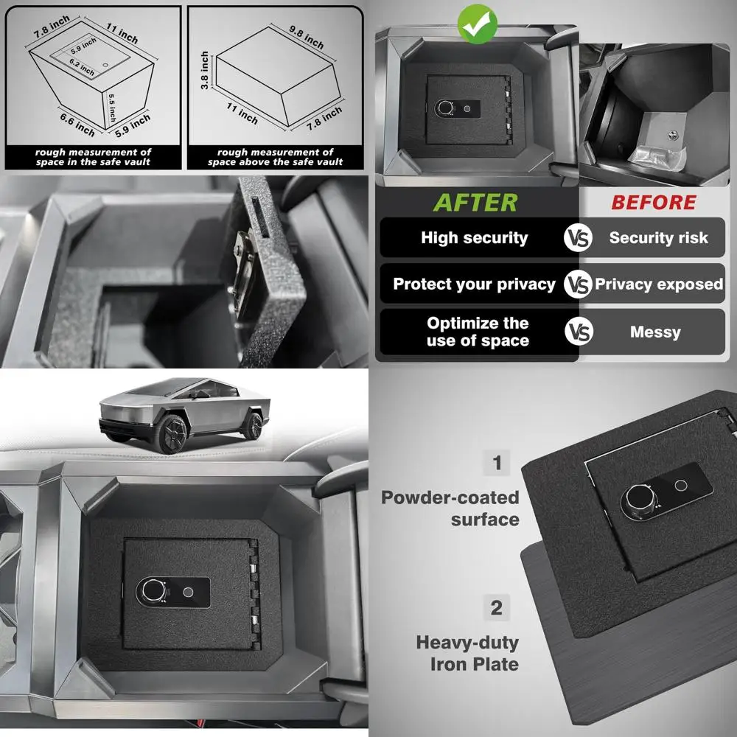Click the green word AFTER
(x=475, y=202)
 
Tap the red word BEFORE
(x=654, y=202)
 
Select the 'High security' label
(x=475, y=238)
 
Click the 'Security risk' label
(x=658, y=238)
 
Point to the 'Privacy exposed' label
(x=659, y=284)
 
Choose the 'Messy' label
(x=655, y=332)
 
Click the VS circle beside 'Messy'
(x=579, y=332)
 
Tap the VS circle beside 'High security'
(x=579, y=238)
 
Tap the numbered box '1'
(x=497, y=463)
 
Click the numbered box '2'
(x=497, y=609)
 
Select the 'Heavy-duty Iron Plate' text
(x=467, y=653)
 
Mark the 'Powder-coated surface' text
(x=450, y=509)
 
